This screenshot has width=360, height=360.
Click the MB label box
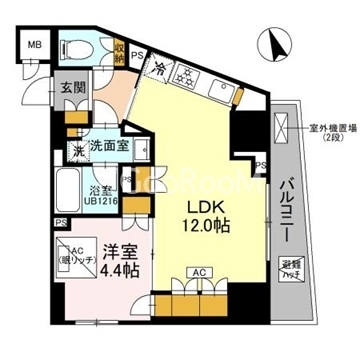pos(34,46)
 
